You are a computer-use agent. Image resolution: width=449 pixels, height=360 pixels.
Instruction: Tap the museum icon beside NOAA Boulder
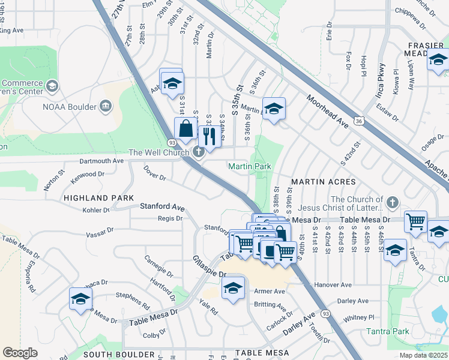coord(106,106)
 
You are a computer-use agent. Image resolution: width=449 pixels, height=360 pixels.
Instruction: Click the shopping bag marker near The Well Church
coord(185,128)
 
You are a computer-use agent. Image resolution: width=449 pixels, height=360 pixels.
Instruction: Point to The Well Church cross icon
coord(199,152)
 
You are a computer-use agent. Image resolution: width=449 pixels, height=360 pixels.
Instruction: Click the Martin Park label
coord(250,166)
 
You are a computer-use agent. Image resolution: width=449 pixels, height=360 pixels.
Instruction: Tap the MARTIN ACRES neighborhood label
coord(324,181)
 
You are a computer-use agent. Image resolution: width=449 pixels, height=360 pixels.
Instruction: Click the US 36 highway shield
coord(359,121)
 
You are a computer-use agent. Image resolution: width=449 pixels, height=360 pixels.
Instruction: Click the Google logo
coord(20,353)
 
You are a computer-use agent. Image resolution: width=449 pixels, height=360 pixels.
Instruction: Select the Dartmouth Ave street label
coord(101,161)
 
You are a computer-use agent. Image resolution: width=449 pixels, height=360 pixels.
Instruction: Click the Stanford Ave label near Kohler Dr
coord(161,206)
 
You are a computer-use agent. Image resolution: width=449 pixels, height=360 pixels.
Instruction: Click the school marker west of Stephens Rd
coord(80,298)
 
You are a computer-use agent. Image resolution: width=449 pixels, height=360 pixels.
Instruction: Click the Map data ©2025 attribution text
coord(423,355)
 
